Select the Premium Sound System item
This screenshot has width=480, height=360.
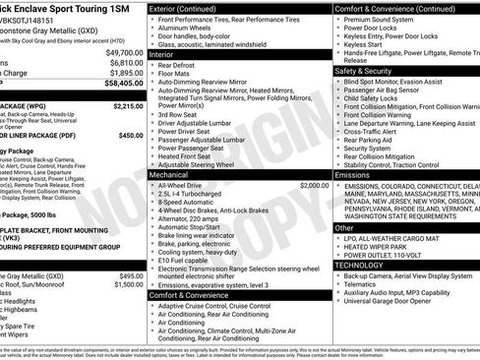tap(378, 20)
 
